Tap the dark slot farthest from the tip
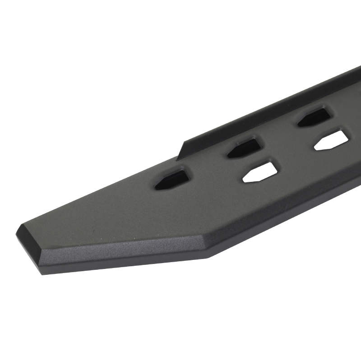coord(315,116)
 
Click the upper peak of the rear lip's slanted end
coord(184,141)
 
